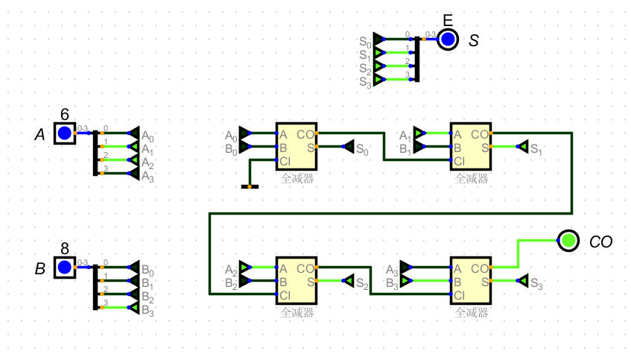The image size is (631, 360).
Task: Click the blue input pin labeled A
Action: point(65,133)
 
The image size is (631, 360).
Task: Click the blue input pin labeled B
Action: point(65,267)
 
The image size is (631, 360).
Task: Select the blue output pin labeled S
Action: point(447,40)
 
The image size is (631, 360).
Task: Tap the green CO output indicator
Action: point(568,240)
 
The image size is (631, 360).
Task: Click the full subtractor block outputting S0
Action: point(297,147)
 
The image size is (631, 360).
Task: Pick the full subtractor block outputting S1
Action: point(471,147)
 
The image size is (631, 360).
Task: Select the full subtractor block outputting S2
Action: point(297,280)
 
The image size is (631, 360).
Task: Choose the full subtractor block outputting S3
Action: point(471,280)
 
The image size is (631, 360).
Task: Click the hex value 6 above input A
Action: point(65,115)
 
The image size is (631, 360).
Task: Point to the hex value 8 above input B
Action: point(65,249)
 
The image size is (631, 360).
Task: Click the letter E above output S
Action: point(447,20)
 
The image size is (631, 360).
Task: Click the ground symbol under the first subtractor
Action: point(250,186)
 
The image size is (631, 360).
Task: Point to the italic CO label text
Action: point(600,241)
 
